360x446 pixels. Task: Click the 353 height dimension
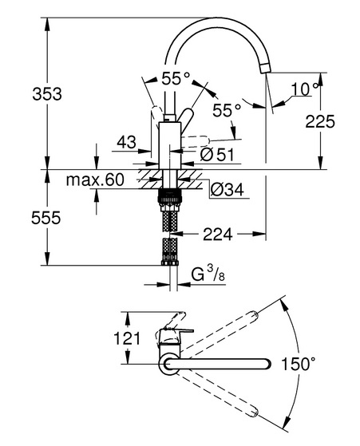point(47,94)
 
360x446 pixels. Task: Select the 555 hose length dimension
point(46,218)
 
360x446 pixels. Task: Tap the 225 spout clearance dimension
point(320,122)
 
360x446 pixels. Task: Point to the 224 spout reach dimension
point(218,235)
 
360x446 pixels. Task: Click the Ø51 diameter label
point(217,155)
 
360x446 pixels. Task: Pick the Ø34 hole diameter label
point(227,190)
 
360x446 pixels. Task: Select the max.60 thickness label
point(95,180)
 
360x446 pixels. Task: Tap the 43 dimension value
point(127,142)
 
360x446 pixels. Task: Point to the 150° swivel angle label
point(299,364)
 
